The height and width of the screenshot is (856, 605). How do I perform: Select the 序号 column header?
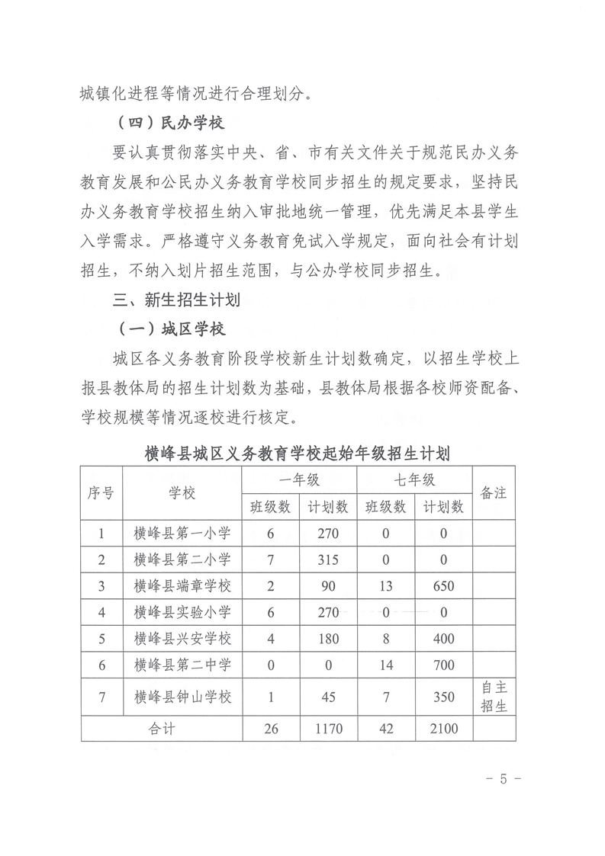[101, 492]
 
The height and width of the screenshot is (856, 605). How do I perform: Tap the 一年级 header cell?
[299, 479]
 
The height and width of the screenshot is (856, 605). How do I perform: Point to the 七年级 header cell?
[414, 479]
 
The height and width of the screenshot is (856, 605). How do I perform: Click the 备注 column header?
[493, 492]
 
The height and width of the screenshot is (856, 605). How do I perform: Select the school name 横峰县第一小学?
[182, 533]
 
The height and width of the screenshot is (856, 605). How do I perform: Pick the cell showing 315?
[328, 559]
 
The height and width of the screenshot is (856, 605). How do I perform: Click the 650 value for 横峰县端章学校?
[442, 586]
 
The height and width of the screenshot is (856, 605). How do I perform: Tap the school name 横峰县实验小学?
[182, 612]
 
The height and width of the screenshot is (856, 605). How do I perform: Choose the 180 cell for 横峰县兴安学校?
[328, 639]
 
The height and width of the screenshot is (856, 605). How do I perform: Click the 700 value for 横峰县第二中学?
[442, 665]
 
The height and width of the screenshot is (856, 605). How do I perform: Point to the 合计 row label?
[162, 729]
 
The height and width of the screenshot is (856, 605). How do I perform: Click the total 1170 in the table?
[328, 729]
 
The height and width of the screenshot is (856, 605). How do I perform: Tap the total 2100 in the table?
[442, 729]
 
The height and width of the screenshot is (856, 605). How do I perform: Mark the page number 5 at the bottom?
[503, 779]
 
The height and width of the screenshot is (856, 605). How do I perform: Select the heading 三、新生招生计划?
[176, 300]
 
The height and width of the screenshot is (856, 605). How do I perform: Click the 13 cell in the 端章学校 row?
[385, 586]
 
